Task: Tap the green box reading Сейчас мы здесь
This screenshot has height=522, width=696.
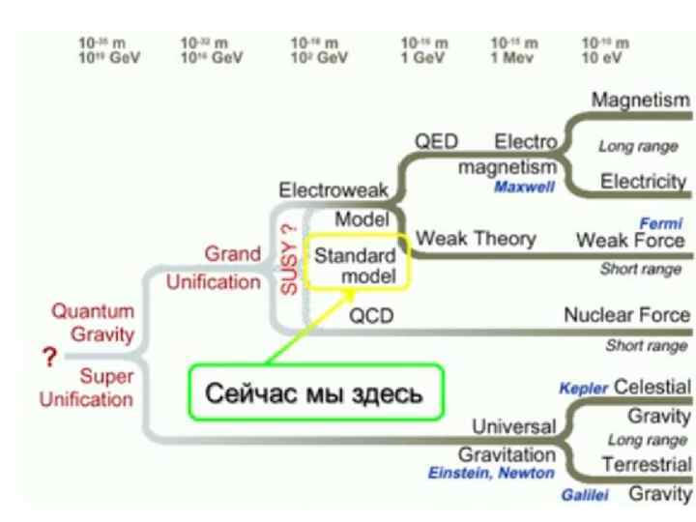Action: click(315, 393)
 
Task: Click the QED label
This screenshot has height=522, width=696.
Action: click(436, 142)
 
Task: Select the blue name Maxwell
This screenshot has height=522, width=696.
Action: click(525, 188)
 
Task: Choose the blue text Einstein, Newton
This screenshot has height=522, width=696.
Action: click(492, 473)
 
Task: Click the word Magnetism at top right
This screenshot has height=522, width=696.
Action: click(641, 101)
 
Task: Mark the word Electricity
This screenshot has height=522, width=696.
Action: click(644, 182)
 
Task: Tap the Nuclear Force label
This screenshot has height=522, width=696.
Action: click(627, 315)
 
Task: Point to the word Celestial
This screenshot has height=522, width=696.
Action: click(652, 388)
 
